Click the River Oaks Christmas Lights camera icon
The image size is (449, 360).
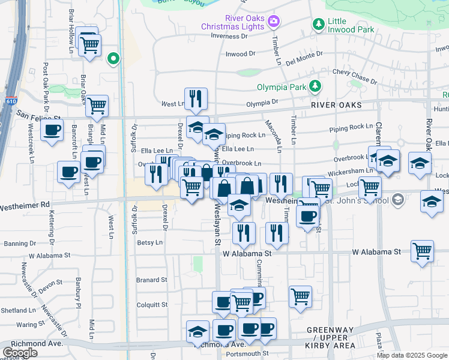274,22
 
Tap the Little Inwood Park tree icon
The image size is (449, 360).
318,24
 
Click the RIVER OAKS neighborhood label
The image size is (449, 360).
336,105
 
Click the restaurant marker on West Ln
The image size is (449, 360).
196,100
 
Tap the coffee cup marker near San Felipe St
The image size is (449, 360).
52,130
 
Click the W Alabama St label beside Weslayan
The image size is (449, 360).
247,254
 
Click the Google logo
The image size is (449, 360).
20,353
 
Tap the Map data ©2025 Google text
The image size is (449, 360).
412,355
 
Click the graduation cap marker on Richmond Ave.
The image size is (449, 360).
197,332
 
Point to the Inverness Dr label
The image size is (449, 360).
229,36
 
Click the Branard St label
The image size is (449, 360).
151,280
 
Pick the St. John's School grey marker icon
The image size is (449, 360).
396,201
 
